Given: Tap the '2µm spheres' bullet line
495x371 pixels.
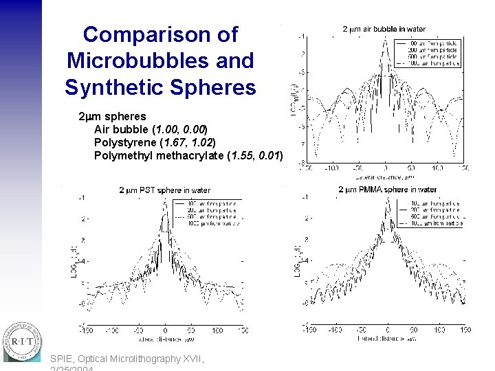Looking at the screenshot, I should tap(112, 116).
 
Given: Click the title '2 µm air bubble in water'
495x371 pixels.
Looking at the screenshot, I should tap(384, 30).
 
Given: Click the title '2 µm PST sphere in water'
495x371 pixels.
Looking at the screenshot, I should tap(164, 190).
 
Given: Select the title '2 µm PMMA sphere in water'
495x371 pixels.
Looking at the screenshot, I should tap(387, 190).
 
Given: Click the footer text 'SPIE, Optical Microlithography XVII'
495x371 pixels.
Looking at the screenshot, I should tap(127, 358).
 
